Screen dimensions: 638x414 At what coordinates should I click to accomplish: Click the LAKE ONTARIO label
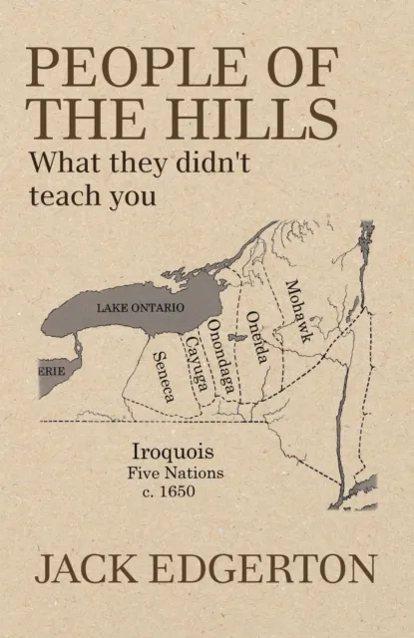141,308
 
